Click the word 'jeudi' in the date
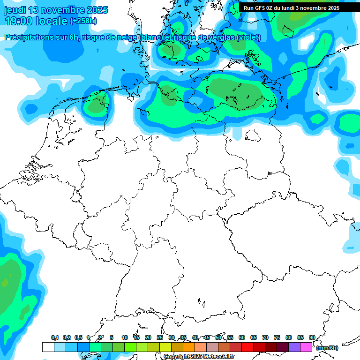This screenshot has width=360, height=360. point(15,10)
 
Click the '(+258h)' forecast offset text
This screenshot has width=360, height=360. point(83,21)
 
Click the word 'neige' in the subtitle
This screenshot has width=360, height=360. point(124,37)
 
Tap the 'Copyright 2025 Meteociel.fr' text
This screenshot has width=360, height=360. point(199,357)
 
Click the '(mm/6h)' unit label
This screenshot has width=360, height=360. point(327,348)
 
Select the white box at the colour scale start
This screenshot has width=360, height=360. point(48,347)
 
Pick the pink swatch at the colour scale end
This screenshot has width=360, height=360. point(306,347)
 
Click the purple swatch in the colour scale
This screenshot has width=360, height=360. point(294,347)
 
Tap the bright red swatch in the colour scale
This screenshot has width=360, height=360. point(247,347)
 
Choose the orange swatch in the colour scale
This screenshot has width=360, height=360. point(189,347)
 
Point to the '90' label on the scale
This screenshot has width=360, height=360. point(312,337)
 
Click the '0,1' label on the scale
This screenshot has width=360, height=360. point(55,337)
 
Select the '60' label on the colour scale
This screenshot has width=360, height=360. point(242,337)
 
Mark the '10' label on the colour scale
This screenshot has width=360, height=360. point(125,337)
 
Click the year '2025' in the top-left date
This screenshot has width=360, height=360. point(97,10)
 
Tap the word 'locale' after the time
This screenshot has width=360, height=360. point(54,21)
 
